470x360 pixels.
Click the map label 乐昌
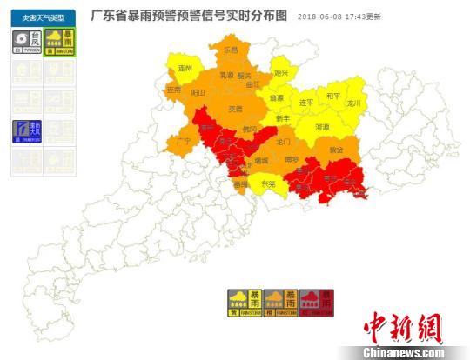tap(231, 50)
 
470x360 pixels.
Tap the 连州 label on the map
tap(185, 67)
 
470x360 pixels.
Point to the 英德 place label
tap(235, 110)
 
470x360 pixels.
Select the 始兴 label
tap(280, 72)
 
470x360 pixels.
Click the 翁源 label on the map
tap(277, 98)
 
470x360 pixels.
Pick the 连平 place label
tap(306, 103)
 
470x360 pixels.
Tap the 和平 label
tap(333, 95)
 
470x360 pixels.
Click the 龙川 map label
tap(352, 103)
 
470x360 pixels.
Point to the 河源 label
tap(322, 127)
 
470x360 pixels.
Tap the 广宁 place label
tap(183, 140)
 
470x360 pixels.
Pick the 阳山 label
tap(198, 91)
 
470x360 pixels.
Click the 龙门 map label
tap(283, 140)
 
